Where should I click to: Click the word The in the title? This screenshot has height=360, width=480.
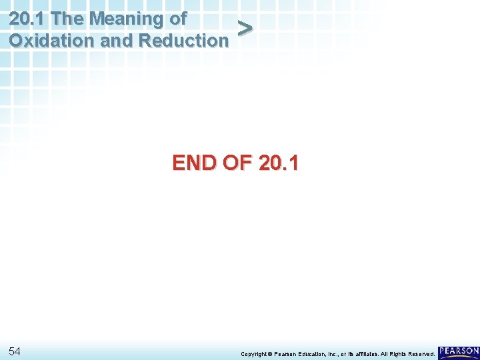[70, 18]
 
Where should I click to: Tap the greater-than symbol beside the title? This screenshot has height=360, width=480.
[245, 29]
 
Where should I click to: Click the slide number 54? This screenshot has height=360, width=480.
[15, 351]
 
